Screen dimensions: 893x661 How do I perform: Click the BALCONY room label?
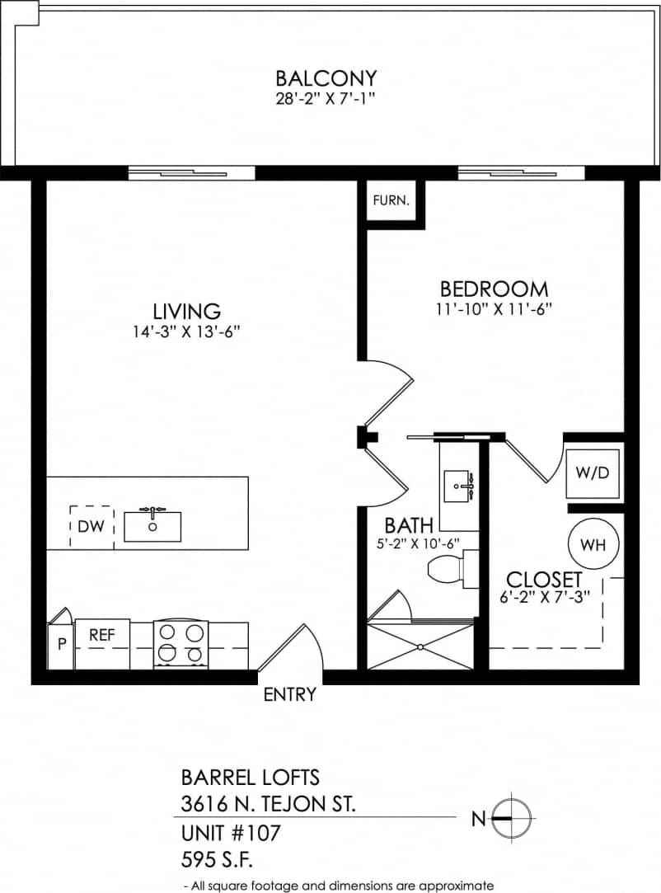point(326,78)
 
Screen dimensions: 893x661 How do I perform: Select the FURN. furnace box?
point(391,200)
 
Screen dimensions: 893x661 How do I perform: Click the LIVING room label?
point(187,311)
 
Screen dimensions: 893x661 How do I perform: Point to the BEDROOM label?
point(494,289)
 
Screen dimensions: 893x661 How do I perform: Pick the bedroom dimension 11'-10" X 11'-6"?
point(494,310)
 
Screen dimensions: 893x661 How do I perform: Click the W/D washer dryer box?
point(593,474)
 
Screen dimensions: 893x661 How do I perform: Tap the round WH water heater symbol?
point(593,545)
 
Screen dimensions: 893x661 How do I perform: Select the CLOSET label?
point(544,579)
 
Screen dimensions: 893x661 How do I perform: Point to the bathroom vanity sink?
point(457,486)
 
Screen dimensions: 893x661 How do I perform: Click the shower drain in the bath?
point(420,646)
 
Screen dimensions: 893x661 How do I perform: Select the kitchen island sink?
point(152,526)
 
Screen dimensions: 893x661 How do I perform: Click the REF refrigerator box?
point(102,637)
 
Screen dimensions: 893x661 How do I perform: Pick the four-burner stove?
point(180,644)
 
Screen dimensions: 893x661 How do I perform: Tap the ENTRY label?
point(289,695)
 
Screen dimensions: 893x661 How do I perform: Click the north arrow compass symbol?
point(512,818)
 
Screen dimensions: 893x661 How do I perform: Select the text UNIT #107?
point(230,834)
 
